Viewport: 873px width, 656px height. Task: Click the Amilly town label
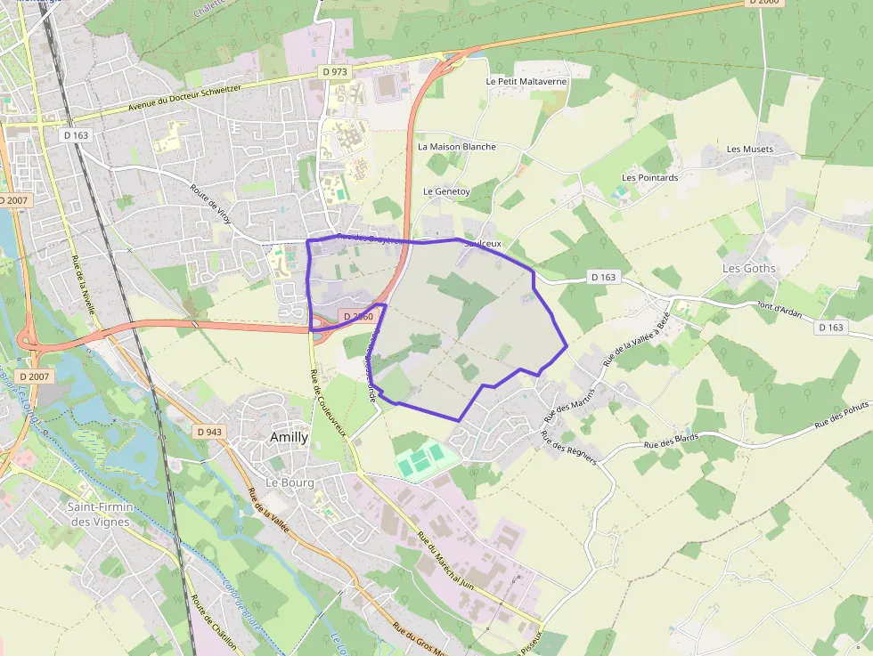point(289,437)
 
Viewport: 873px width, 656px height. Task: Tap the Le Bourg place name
point(286,482)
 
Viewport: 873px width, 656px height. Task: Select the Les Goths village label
point(748,268)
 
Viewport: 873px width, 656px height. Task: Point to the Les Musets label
point(750,149)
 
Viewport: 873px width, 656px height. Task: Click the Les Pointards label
point(649,177)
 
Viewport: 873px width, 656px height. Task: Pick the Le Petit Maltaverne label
point(526,81)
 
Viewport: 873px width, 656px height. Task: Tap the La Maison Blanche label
point(456,146)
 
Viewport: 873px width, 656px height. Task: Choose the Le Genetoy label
point(446,190)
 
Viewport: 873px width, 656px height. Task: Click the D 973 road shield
point(335,71)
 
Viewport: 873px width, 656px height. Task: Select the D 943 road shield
point(208,432)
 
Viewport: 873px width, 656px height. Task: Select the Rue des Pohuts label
point(842,419)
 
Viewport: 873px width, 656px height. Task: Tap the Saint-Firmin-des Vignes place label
point(101,514)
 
